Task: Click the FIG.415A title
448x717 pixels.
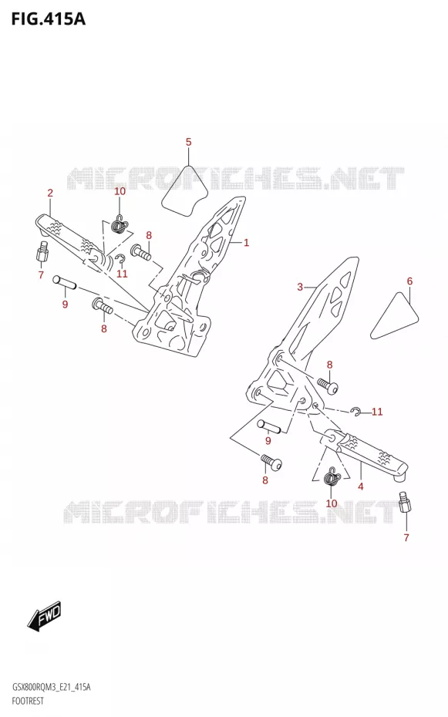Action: (x=48, y=19)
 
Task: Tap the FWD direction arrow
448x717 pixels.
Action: (x=45, y=617)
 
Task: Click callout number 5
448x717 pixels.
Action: (x=188, y=142)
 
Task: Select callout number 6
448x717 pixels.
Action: (x=409, y=281)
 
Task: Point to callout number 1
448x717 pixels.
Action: (x=246, y=242)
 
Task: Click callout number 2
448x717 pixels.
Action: (x=50, y=193)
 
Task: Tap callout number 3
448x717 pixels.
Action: (x=300, y=287)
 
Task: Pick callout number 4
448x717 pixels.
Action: (x=361, y=486)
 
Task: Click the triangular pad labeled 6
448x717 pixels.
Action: (x=394, y=318)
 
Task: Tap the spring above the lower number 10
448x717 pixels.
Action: (x=332, y=477)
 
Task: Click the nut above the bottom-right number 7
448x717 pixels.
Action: (x=405, y=503)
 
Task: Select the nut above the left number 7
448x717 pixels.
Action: (x=42, y=251)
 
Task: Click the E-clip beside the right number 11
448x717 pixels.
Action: (x=355, y=412)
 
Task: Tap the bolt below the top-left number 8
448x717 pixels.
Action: (x=141, y=252)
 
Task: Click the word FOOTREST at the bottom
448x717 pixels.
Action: (x=28, y=701)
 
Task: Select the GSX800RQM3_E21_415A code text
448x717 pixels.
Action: (x=51, y=687)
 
